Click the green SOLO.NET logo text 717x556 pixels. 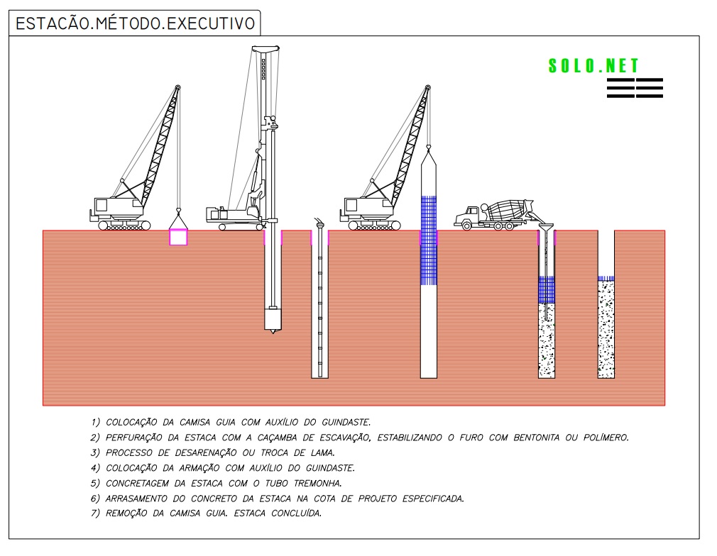(593, 66)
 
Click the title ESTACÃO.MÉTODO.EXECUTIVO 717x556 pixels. (136, 23)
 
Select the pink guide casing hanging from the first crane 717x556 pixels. (178, 237)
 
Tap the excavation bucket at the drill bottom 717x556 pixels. (273, 319)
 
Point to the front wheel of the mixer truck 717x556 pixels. (466, 226)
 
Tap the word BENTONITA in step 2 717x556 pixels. (536, 438)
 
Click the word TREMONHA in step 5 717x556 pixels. (317, 484)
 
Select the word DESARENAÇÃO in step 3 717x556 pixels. (206, 452)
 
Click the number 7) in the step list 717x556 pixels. (95, 513)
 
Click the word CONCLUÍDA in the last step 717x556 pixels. (296, 513)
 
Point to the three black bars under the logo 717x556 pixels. (635, 88)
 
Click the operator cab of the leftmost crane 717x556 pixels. (101, 205)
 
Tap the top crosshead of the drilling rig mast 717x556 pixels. (266, 48)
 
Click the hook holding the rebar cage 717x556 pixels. (428, 147)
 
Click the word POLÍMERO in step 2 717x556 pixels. (606, 438)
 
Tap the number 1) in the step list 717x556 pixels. (95, 423)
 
